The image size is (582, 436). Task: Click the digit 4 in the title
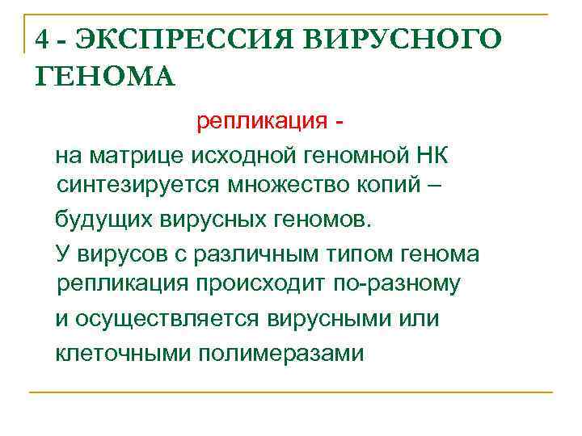pyautogui.click(x=43, y=40)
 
